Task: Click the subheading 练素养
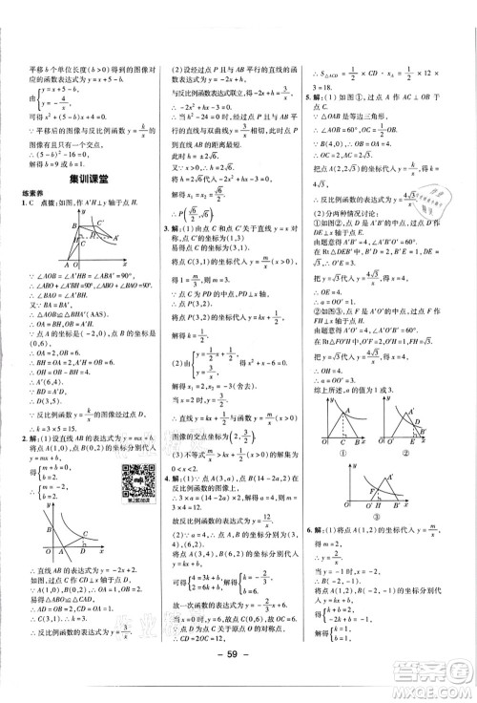click(34, 194)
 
